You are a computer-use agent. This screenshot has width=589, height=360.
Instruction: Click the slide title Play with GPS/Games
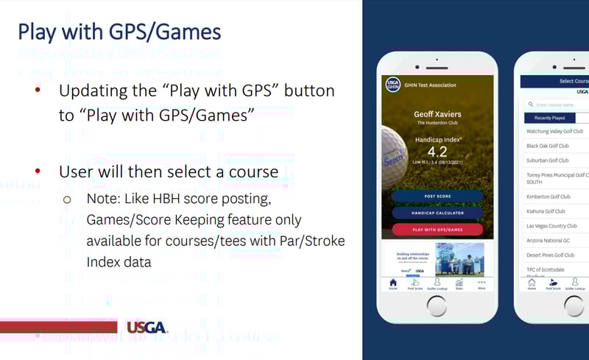coord(119,32)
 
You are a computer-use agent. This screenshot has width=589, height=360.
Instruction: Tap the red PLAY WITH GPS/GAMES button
coord(437,229)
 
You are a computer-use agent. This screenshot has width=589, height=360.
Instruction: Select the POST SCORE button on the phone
coord(437,197)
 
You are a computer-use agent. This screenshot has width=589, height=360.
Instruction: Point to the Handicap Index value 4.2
coord(437,152)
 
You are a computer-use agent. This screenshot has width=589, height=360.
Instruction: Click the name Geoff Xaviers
coord(437,114)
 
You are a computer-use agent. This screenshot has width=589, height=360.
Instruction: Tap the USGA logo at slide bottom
coord(147,327)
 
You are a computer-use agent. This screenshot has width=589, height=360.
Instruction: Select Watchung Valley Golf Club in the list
coord(557,132)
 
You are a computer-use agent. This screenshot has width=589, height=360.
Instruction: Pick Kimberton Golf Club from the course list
coord(549,197)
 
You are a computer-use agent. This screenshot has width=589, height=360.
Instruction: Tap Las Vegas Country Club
coord(551,226)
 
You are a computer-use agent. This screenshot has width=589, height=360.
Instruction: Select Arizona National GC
coord(548,240)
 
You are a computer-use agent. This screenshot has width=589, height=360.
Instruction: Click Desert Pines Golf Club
coord(551,255)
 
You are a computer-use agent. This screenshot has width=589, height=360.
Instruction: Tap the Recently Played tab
coord(550,118)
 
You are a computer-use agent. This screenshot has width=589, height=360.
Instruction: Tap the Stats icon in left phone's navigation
coord(459,283)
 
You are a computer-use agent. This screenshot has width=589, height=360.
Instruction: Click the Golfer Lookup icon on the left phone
coord(437,283)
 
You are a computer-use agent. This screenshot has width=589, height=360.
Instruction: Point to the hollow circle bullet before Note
coord(67,200)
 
